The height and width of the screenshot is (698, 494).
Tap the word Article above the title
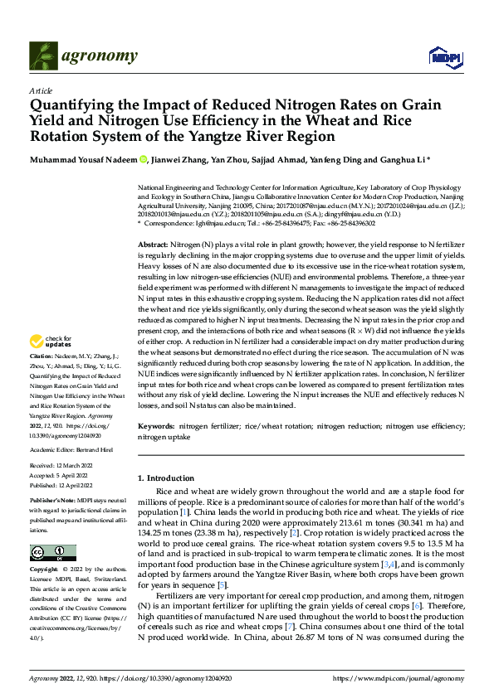[40, 90]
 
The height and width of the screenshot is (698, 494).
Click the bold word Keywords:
[158, 425]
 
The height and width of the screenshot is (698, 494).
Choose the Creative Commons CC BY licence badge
[52, 553]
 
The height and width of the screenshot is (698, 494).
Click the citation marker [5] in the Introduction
[222, 585]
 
